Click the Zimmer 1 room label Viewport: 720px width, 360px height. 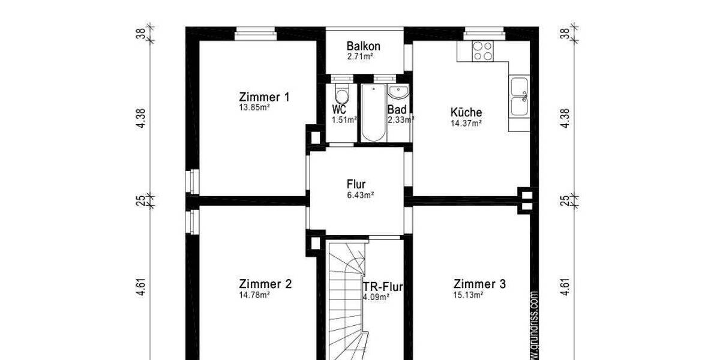coord(264,97)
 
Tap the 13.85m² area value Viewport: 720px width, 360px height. coord(254,109)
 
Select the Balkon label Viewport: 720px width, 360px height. coord(363,47)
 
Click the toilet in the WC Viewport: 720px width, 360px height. coord(342,95)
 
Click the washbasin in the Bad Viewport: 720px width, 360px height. coord(398,92)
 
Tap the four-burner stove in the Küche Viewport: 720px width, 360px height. coord(482,50)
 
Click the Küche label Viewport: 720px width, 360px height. coord(466,112)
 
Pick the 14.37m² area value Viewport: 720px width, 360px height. coord(466,124)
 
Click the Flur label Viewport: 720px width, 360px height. coord(356,184)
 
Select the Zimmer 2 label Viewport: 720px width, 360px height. coord(265,284)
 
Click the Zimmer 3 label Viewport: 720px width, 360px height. coord(479,284)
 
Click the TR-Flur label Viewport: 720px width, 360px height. coord(383,286)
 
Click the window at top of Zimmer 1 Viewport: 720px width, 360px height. coord(255,32)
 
